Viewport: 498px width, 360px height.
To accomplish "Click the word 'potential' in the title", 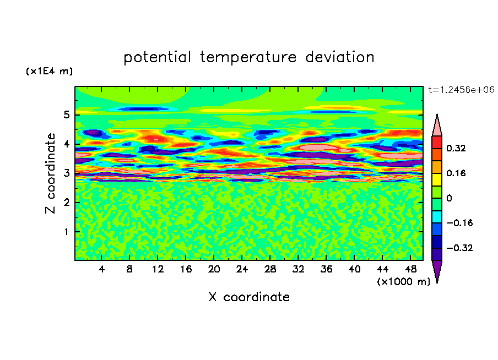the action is [157, 58].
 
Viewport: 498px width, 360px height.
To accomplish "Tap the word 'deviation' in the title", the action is [340, 57].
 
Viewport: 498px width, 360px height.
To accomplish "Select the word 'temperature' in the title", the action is [248, 58].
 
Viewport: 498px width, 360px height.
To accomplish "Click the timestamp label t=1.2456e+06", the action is [461, 90].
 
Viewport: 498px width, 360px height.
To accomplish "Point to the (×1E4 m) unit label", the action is [49, 71].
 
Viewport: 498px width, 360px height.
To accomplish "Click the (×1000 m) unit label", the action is [404, 282].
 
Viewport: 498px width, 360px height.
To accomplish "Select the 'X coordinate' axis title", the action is [249, 297].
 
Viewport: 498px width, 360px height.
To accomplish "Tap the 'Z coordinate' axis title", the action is [50, 173].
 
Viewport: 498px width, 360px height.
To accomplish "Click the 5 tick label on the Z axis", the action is [66, 114].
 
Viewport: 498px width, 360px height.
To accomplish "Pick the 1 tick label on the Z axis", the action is [66, 232].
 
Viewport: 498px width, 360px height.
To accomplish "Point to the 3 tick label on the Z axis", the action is [66, 173].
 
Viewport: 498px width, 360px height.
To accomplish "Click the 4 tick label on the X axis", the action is [101, 269].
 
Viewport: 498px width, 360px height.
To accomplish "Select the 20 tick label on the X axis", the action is [214, 269].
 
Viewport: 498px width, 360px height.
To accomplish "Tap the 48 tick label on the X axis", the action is [410, 269].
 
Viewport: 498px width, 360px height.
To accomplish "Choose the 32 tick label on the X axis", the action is [298, 269].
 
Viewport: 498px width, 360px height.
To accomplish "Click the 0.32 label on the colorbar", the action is [456, 148].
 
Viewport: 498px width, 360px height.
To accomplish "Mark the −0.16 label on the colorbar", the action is [459, 223].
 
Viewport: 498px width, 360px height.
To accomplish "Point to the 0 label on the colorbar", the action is [449, 198].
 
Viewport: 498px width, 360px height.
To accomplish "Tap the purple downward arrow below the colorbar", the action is [437, 270].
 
